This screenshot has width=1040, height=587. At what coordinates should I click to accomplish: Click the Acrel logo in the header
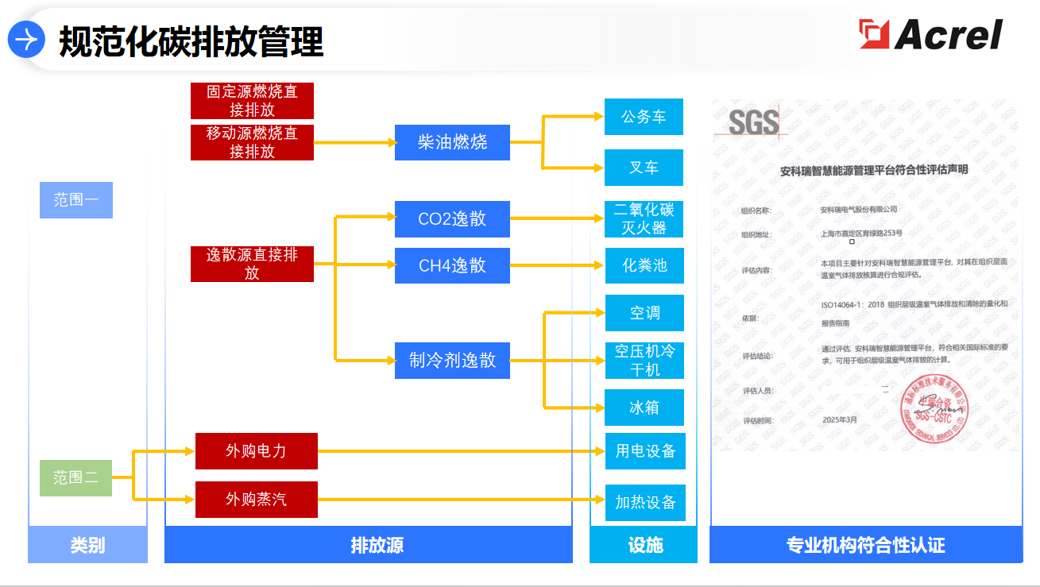[x=930, y=35]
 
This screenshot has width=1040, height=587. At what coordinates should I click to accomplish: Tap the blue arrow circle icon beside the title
[x=26, y=39]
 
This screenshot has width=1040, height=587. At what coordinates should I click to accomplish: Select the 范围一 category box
[x=76, y=200]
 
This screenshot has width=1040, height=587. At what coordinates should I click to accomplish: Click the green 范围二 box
[x=76, y=478]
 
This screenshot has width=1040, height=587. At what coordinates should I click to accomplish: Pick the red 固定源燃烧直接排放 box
[x=252, y=101]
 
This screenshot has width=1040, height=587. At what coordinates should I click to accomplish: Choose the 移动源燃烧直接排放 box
[x=252, y=142]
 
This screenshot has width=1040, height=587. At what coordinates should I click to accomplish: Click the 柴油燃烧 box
[x=452, y=142]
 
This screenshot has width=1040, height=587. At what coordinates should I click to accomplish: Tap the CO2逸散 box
[x=452, y=219]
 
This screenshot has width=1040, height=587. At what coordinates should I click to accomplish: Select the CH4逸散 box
[x=452, y=265]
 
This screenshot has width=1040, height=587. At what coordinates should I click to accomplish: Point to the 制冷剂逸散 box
[x=452, y=361]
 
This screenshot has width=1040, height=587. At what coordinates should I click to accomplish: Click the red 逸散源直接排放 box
[x=252, y=264]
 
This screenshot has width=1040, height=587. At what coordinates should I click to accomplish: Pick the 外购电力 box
[x=256, y=451]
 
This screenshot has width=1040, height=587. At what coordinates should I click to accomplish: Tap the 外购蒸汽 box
[x=256, y=500]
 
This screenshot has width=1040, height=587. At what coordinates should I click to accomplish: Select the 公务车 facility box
[x=644, y=117]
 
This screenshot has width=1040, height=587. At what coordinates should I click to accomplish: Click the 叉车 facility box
[x=644, y=168]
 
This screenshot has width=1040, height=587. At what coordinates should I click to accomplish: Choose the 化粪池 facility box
[x=644, y=265]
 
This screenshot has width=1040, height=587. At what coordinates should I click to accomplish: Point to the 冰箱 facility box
[x=644, y=407]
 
